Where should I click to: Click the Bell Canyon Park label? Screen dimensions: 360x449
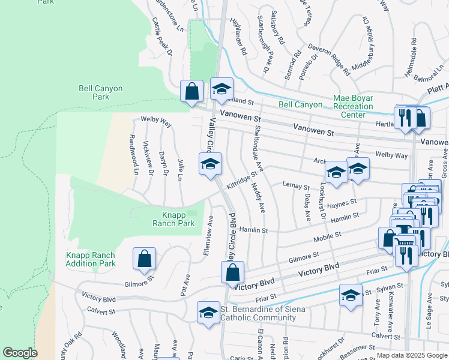pyautogui.click(x=100, y=92)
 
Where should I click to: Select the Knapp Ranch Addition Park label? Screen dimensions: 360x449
pyautogui.click(x=90, y=259)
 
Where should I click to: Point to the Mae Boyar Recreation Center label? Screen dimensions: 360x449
pyautogui.click(x=353, y=106)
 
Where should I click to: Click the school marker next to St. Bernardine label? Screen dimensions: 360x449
pyautogui.click(x=209, y=312)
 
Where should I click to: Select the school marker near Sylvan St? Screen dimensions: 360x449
pyautogui.click(x=351, y=295)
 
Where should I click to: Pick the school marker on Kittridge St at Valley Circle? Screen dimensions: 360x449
pyautogui.click(x=210, y=164)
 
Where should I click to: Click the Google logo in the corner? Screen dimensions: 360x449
pyautogui.click(x=20, y=353)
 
